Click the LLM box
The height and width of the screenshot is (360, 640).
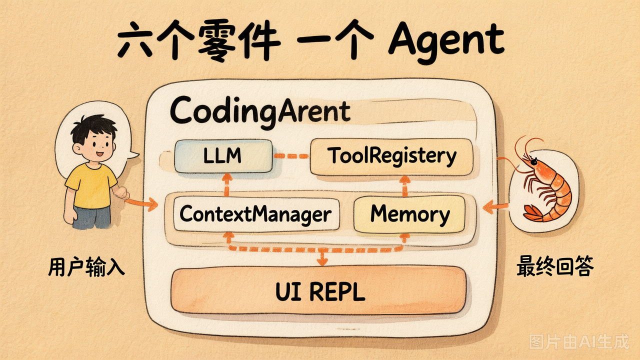click(223, 156)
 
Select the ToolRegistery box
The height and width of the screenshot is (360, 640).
click(391, 157)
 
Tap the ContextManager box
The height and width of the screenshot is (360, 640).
click(256, 213)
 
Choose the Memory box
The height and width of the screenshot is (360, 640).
click(409, 214)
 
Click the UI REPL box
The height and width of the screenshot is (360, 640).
click(318, 291)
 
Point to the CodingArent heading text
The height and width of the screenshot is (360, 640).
click(260, 112)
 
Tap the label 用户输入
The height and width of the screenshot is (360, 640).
click(86, 266)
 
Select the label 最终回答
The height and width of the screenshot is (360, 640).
click(555, 266)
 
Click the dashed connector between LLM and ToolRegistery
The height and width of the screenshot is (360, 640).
click(291, 156)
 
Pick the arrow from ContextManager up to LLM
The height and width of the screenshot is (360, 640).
click(227, 184)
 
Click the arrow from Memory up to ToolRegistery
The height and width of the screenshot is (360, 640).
click(404, 186)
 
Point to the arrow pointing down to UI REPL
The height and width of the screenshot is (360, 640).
click(322, 257)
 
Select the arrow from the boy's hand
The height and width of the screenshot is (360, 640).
click(141, 203)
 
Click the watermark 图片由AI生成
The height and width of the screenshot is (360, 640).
click(579, 341)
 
